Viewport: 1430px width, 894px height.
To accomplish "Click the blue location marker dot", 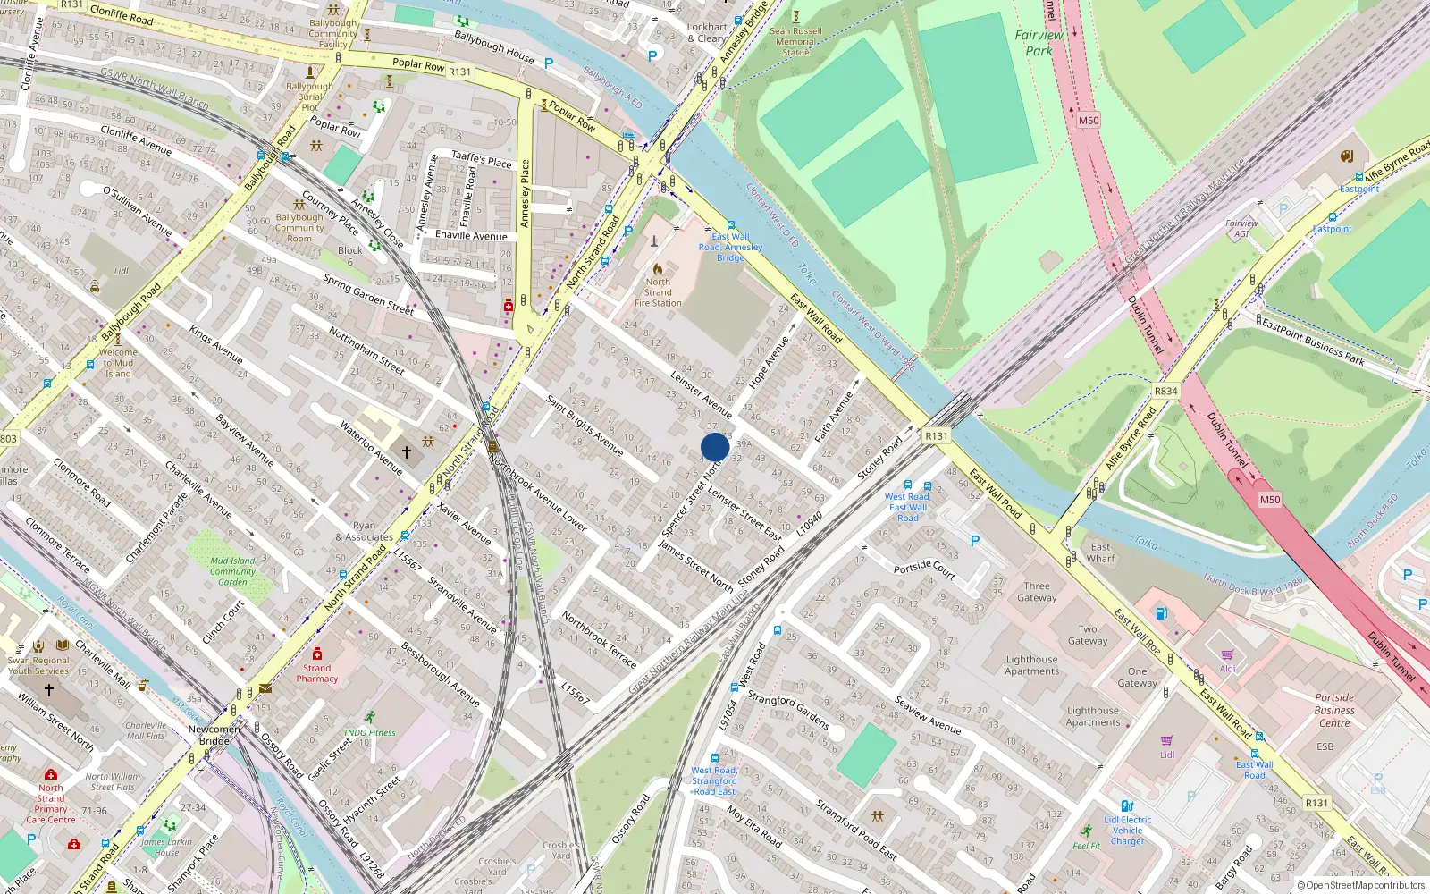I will (715, 447).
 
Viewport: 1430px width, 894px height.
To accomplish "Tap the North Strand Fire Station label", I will (658, 292).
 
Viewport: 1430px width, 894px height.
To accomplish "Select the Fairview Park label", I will (1039, 43).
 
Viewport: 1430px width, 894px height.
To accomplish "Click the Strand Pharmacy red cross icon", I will (317, 654).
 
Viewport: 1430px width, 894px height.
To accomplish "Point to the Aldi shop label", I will (1228, 668).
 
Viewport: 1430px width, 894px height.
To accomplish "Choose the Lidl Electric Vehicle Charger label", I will (1127, 831).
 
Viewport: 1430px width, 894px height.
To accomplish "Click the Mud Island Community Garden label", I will (232, 571).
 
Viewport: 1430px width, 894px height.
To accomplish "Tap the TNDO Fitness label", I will (369, 732).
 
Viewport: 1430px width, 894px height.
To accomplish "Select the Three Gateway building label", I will (1037, 592).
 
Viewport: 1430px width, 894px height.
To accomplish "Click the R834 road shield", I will (1165, 391).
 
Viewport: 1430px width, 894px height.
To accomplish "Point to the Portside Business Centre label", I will (1334, 710).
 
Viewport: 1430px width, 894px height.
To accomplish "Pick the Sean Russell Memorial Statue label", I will (795, 41).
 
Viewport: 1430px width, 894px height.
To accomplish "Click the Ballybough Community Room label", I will (299, 228).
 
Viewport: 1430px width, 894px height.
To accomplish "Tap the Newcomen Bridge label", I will (214, 735).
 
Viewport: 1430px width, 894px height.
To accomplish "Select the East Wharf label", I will (1101, 552).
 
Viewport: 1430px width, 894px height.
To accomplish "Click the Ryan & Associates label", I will (364, 531).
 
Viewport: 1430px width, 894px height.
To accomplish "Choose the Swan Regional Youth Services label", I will (38, 665).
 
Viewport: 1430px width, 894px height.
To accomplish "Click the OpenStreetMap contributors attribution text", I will (1360, 886).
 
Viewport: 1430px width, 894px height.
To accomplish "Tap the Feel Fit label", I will (1087, 846).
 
